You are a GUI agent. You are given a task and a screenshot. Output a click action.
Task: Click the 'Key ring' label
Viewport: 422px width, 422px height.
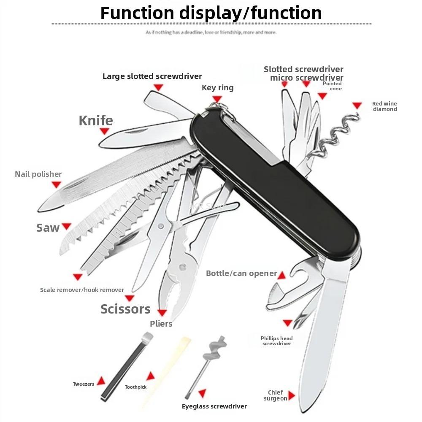click(218, 88)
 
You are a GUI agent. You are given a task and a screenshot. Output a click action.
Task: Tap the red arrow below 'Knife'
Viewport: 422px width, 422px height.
click(104, 131)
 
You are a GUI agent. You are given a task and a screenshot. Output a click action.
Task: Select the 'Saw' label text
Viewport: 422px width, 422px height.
click(48, 228)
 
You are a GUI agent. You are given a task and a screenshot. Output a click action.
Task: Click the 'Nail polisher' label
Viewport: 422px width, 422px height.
click(38, 174)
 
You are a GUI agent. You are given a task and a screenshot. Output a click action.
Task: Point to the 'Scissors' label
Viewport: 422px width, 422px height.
click(125, 309)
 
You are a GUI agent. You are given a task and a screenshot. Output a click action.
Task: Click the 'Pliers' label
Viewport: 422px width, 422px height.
click(161, 324)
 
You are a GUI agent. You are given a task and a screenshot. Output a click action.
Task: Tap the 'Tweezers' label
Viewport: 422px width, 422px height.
click(84, 384)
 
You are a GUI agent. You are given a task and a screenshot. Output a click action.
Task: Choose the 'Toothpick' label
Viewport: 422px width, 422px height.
click(135, 387)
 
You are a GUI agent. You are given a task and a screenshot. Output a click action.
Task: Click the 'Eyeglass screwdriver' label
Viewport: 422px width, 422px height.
click(214, 406)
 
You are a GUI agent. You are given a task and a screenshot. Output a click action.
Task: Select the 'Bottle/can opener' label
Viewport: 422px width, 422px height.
click(241, 273)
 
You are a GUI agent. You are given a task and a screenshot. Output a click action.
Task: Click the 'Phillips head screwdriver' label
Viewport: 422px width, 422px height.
click(277, 341)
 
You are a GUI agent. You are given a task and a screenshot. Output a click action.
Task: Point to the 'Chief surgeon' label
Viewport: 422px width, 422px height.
click(275, 395)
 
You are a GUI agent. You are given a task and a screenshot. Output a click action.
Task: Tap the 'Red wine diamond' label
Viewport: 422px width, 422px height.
click(384, 106)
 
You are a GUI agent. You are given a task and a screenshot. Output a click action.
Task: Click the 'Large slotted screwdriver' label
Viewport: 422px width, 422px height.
click(152, 76)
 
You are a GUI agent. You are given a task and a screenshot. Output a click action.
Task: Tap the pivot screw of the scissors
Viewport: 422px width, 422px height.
click(161, 226)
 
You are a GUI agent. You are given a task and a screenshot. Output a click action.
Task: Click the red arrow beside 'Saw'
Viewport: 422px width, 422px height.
click(67, 226)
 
